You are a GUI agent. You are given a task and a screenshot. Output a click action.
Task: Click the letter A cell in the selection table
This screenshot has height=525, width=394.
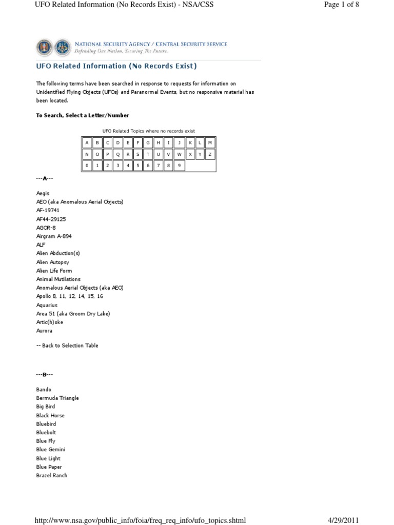click(87, 142)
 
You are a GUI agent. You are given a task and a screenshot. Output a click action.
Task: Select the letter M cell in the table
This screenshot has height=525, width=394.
click(210, 142)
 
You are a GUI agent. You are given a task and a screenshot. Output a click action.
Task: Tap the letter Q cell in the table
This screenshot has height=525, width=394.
click(117, 154)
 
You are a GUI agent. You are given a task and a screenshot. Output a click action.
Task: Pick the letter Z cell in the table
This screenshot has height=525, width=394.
click(210, 154)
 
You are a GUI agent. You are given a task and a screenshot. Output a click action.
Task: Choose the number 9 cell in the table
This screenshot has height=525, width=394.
click(179, 166)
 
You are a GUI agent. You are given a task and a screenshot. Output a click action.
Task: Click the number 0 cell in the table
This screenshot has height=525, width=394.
click(87, 166)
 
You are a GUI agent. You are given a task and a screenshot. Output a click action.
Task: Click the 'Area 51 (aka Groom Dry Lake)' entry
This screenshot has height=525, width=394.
click(73, 313)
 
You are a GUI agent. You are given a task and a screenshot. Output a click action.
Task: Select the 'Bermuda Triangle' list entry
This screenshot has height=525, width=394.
click(57, 398)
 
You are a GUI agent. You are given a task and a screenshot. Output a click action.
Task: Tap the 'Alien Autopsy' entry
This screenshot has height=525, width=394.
click(52, 262)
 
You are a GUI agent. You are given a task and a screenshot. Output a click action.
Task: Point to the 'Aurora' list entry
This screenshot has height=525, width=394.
click(44, 331)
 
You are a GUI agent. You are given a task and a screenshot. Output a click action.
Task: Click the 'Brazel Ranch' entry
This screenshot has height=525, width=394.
click(52, 475)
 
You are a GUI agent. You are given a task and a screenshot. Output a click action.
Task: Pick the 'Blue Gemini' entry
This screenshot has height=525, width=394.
click(51, 450)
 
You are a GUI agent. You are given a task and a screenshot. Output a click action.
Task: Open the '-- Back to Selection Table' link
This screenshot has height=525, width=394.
click(67, 346)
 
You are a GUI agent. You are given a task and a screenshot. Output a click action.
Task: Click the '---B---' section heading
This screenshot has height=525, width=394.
click(45, 375)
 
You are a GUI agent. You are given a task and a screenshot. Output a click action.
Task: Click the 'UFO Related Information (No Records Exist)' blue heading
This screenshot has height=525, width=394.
click(116, 66)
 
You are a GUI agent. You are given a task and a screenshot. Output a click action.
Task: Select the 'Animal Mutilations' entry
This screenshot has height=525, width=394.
click(58, 279)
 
